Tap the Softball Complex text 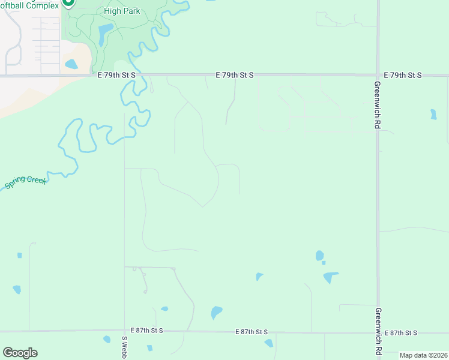pyautogui.click(x=30, y=5)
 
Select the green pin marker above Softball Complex pyautogui.click(x=68, y=2)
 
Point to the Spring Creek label pyautogui.click(x=25, y=182)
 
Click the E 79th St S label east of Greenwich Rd pyautogui.click(x=403, y=75)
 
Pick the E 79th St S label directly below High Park pyautogui.click(x=117, y=75)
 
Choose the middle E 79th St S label pyautogui.click(x=235, y=75)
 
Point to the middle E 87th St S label pyautogui.click(x=252, y=332)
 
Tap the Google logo pyautogui.click(x=20, y=353)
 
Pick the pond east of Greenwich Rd pyautogui.click(x=433, y=114)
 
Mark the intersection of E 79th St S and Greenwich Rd pyautogui.click(x=378, y=75)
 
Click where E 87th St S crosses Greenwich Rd pyautogui.click(x=378, y=332)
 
